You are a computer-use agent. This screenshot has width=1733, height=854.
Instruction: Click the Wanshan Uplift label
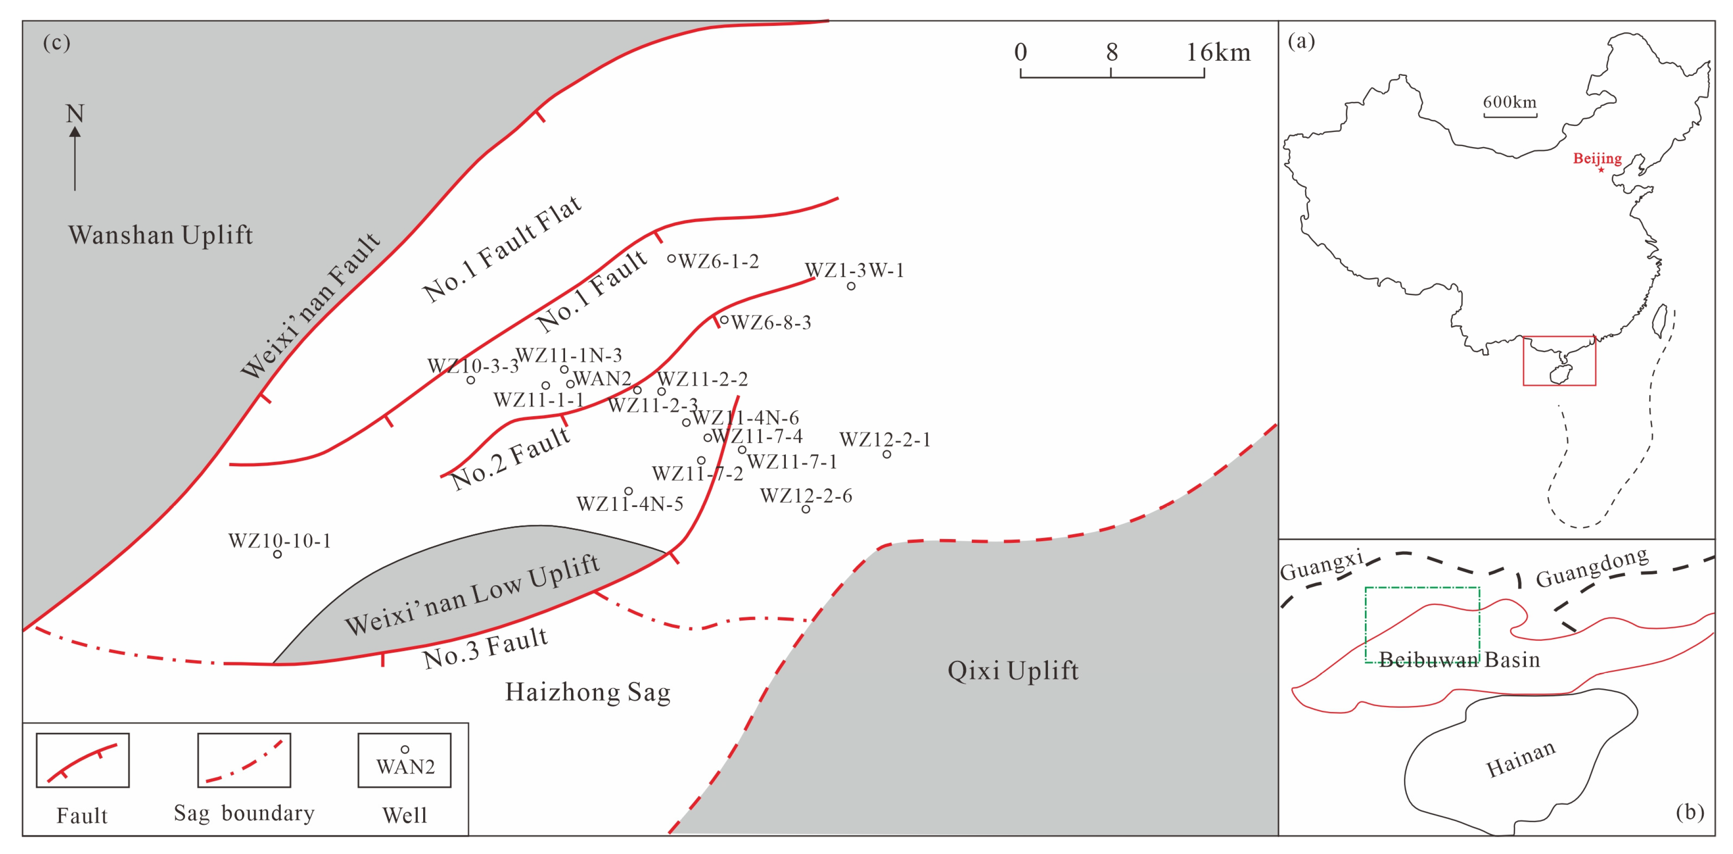[x=160, y=235]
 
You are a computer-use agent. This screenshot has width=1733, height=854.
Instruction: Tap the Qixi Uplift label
[x=1012, y=671]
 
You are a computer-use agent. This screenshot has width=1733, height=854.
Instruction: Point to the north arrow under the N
[x=75, y=158]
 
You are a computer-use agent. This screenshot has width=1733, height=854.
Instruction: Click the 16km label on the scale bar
[x=1217, y=53]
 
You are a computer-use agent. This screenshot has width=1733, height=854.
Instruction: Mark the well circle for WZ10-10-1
[x=277, y=554]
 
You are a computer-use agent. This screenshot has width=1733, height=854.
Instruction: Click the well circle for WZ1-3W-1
[x=851, y=286]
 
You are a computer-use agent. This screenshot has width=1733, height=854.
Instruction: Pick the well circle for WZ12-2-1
[x=887, y=454]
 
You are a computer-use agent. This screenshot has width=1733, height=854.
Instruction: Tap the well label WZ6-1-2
[x=718, y=261]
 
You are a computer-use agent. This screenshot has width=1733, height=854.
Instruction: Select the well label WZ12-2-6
[x=806, y=496]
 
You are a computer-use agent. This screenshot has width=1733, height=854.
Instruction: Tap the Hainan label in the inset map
[x=1520, y=759]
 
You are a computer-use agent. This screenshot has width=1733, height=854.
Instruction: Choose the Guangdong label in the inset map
[x=1592, y=567]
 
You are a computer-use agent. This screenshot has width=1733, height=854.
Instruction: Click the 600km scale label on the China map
[x=1510, y=102]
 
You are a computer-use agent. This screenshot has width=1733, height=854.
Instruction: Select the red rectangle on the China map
[x=1559, y=361]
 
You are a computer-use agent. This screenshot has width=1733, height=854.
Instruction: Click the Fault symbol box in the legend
[x=82, y=760]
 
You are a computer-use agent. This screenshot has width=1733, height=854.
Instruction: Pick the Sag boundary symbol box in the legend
[x=244, y=760]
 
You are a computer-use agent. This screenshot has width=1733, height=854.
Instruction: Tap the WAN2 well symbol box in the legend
[x=404, y=760]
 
